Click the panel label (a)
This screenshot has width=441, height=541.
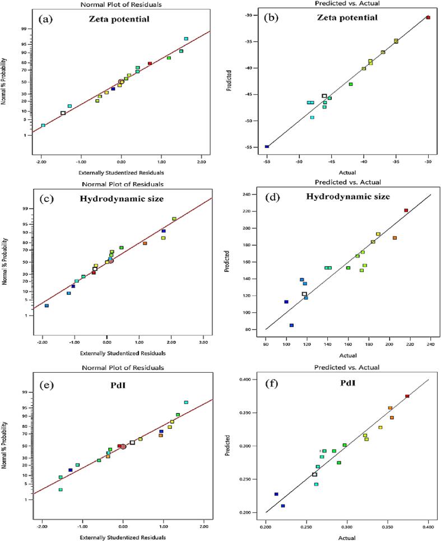[x=47, y=19]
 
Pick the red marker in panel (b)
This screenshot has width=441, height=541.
[x=428, y=17]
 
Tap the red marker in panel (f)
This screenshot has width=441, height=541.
[x=407, y=396]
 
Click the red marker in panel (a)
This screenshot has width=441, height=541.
[x=150, y=63]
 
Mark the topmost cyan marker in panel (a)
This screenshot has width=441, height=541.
[x=186, y=39]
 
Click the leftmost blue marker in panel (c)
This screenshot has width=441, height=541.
[x=47, y=306]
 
